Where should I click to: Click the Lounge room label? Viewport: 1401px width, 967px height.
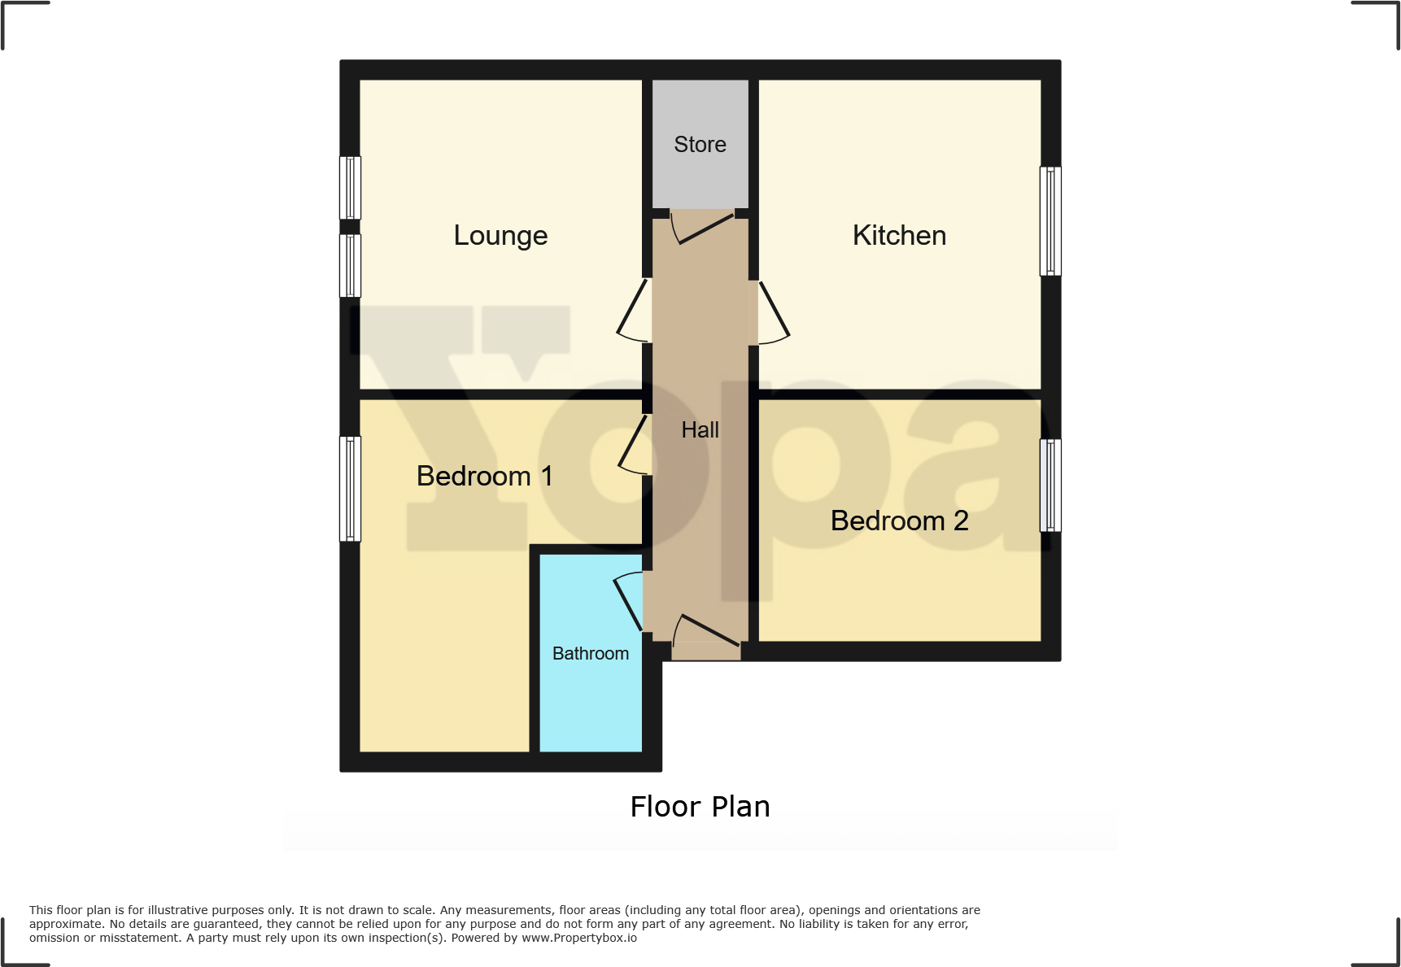pyautogui.click(x=500, y=236)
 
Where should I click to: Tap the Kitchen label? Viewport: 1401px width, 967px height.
pyautogui.click(x=899, y=236)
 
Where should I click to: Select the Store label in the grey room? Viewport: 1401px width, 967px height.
pyautogui.click(x=700, y=145)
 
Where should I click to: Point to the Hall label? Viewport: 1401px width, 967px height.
pyautogui.click(x=700, y=429)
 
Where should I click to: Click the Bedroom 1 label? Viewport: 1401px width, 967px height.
pyautogui.click(x=484, y=476)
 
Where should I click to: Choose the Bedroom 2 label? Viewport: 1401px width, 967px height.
pyautogui.click(x=899, y=521)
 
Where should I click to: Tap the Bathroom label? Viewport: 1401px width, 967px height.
pyautogui.click(x=591, y=654)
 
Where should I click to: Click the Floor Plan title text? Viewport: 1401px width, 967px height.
pyautogui.click(x=700, y=807)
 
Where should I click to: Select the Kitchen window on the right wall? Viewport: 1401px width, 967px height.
pyautogui.click(x=1050, y=221)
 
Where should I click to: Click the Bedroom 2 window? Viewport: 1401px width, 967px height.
pyautogui.click(x=1050, y=486)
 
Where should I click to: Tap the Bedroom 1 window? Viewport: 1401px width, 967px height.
pyautogui.click(x=350, y=489)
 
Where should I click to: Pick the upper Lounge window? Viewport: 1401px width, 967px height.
pyautogui.click(x=350, y=188)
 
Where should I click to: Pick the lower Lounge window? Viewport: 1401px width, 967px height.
pyautogui.click(x=350, y=266)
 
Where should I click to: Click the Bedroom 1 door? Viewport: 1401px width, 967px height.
pyautogui.click(x=634, y=445)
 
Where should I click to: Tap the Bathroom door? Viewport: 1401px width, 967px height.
pyautogui.click(x=629, y=602)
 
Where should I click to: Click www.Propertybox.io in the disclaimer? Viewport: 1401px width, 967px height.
pyautogui.click(x=579, y=938)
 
